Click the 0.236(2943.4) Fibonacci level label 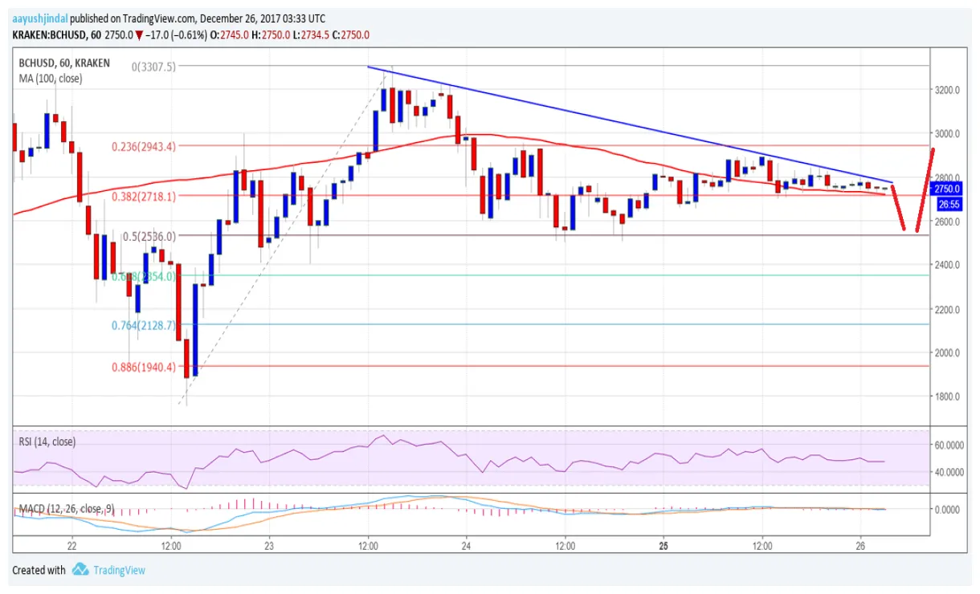(x=144, y=146)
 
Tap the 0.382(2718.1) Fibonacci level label (x=144, y=196)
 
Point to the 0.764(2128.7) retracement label (x=144, y=326)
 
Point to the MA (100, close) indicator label (x=51, y=79)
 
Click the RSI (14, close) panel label (x=51, y=440)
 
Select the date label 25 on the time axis (x=664, y=545)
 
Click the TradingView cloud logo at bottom (x=80, y=570)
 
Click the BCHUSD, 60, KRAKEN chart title (x=64, y=63)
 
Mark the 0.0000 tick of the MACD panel (x=953, y=510)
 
